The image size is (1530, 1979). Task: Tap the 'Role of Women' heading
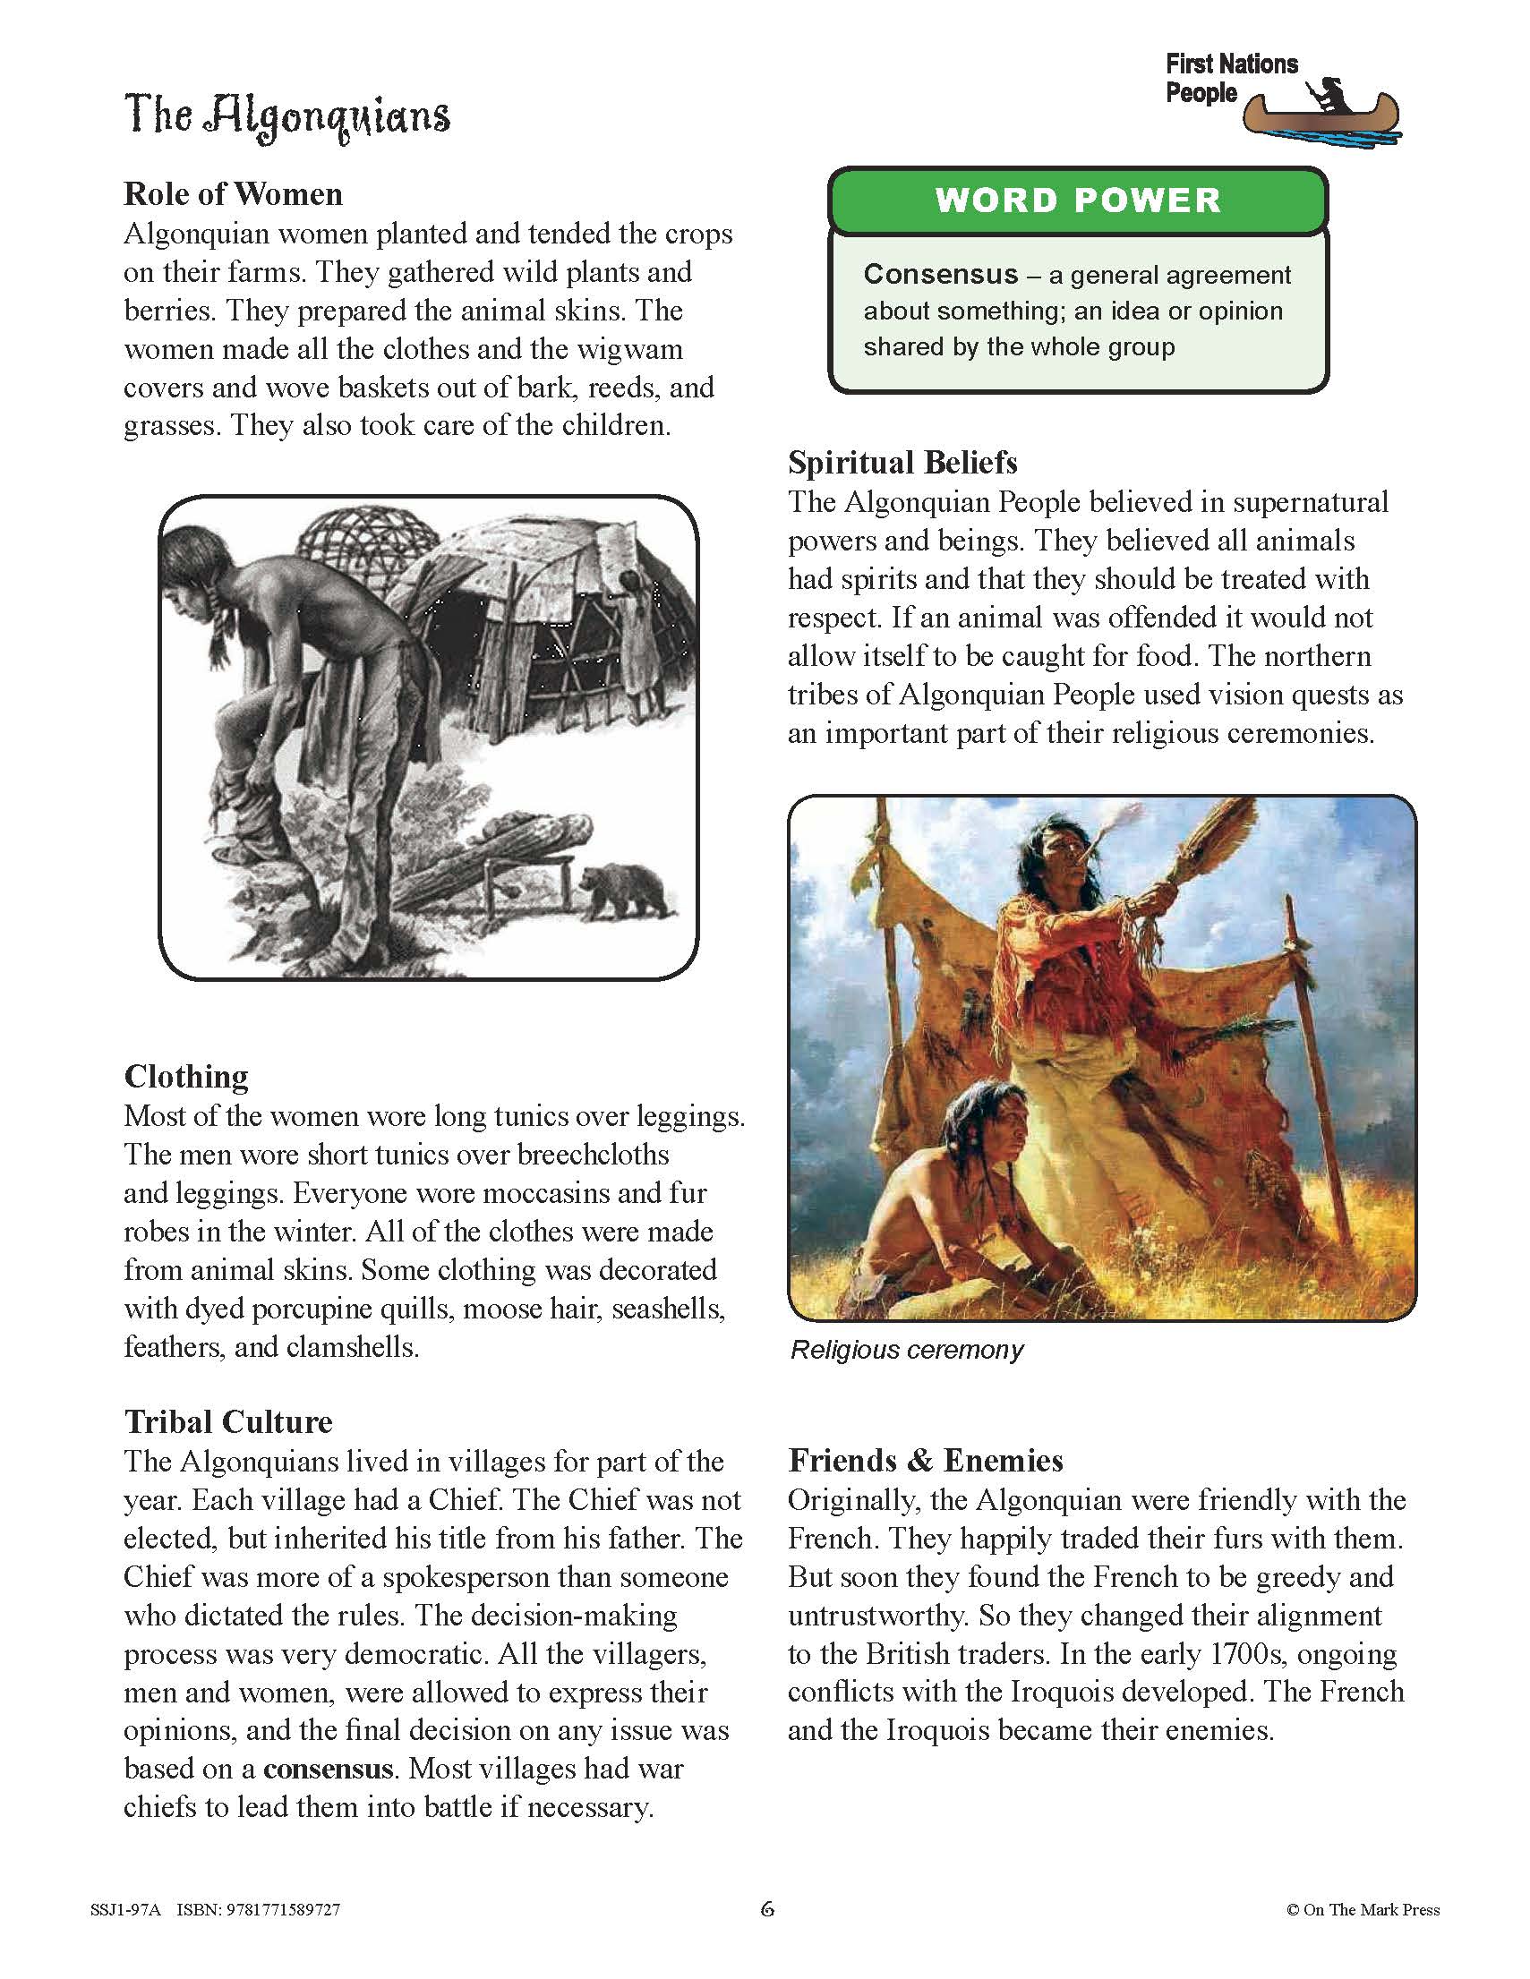coord(233,194)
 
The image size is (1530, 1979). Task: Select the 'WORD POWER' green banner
coord(1078,200)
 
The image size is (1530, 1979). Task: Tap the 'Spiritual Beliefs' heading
coord(902,463)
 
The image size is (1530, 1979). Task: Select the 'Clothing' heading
coord(186,1077)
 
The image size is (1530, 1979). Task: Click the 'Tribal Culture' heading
coord(228,1421)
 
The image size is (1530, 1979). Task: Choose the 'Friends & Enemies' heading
coord(925,1461)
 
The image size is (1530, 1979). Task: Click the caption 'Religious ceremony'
coord(906,1350)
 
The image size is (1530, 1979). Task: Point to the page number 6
coord(767,1909)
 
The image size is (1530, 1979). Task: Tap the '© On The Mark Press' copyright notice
coord(1362,1910)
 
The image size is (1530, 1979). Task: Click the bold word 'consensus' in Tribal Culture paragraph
coord(329,1768)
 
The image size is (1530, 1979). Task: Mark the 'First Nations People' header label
coord(1230,78)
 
